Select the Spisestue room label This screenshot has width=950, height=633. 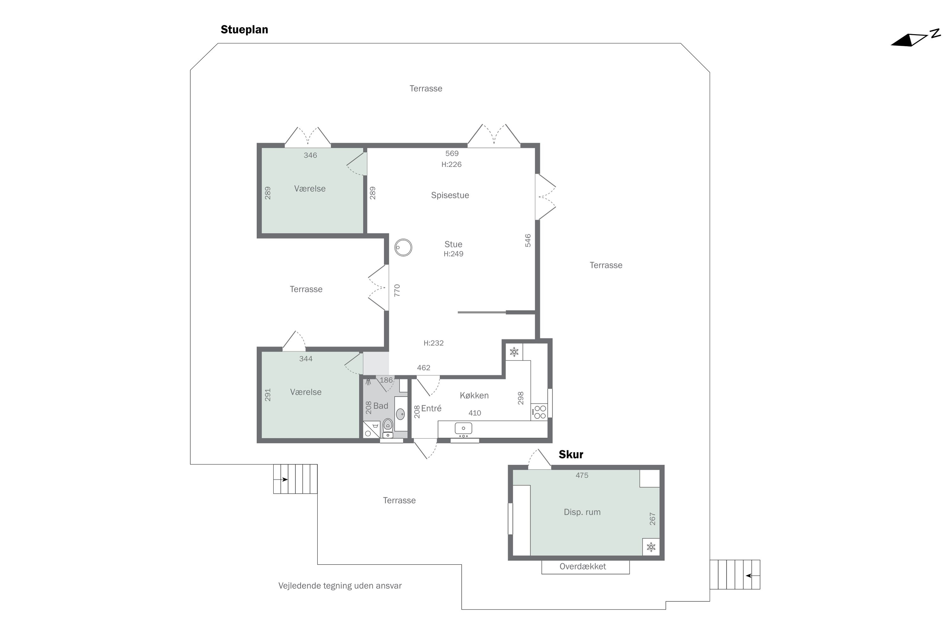coord(450,195)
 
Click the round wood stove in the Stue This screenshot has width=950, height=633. coord(403,248)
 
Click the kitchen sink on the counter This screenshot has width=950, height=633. coord(463,428)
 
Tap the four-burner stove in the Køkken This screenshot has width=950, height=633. coord(540,412)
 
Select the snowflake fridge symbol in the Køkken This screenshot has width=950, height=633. coord(514,352)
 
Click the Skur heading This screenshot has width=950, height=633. coord(571,454)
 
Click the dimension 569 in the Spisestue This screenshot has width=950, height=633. coord(452,154)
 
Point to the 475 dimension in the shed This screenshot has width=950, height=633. coord(582,475)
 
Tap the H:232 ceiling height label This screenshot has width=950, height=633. coord(434,343)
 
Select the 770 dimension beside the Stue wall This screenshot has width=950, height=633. coord(397,290)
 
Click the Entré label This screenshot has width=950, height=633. coord(431,409)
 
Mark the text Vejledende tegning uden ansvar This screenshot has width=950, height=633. coord(340,586)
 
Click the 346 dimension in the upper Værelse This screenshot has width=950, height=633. coord(310,155)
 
